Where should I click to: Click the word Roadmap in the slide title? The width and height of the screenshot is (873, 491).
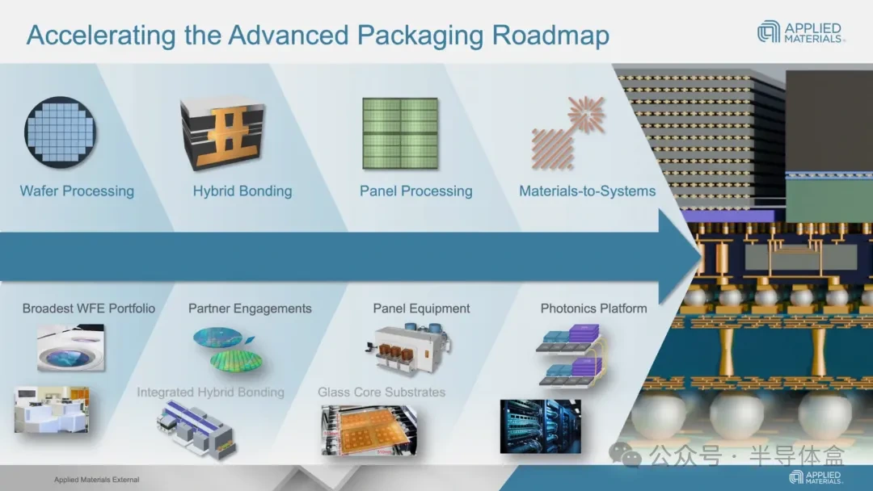coord(550,36)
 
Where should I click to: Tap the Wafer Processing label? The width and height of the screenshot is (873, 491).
coord(77,191)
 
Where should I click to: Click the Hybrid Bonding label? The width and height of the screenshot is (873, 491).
coord(242,191)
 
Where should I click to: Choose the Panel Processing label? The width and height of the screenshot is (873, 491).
coord(415,191)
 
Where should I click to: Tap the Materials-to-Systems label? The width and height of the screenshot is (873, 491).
coord(587,191)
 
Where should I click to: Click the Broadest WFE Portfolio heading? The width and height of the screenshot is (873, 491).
coord(89,308)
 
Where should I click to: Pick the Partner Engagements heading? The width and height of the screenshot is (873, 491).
coord(250,308)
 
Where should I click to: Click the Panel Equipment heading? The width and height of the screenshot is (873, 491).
coord(421,308)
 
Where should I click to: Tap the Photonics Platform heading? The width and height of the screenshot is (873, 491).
coord(593,308)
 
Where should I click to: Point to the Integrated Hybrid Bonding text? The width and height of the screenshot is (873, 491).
coord(210,392)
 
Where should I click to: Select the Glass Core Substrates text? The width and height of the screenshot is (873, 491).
coord(382,392)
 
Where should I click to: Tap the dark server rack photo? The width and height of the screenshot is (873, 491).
coord(540,425)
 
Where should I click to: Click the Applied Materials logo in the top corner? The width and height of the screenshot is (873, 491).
coord(799,32)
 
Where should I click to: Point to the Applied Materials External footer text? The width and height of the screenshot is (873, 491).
coord(96,480)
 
